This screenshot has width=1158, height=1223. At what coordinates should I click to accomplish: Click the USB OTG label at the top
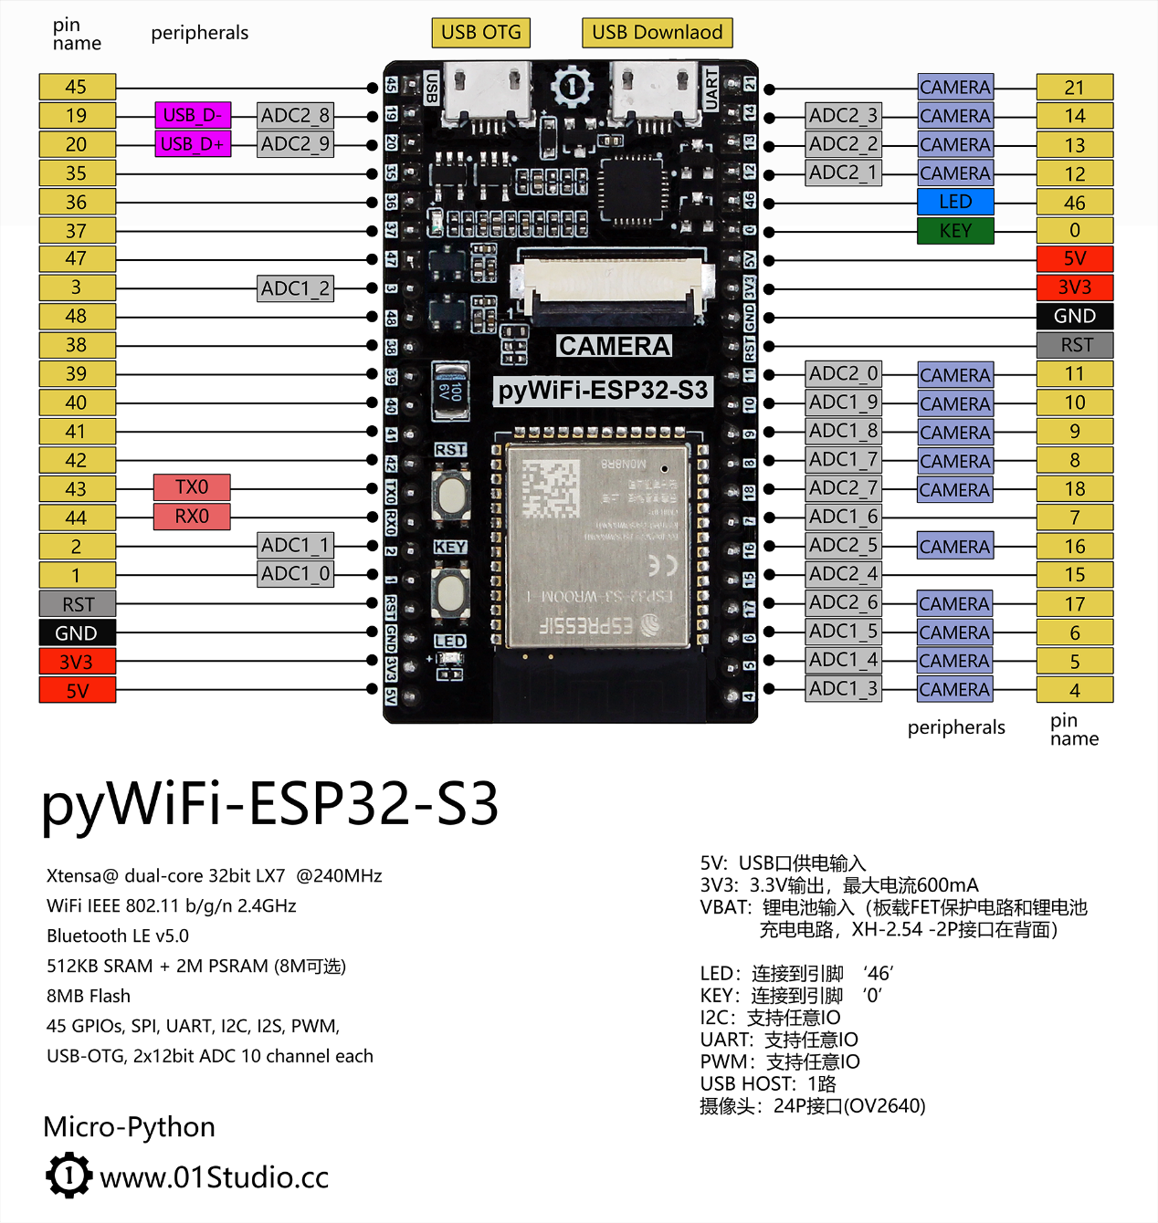pyautogui.click(x=480, y=33)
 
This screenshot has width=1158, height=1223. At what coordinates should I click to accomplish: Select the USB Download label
pyautogui.click(x=657, y=33)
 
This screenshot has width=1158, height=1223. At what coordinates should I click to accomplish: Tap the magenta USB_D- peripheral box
pyautogui.click(x=193, y=115)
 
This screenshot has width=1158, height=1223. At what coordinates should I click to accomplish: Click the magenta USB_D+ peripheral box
pyautogui.click(x=193, y=144)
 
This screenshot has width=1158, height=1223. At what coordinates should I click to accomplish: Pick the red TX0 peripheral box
pyautogui.click(x=192, y=487)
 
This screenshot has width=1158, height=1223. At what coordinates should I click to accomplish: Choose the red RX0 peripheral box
pyautogui.click(x=192, y=517)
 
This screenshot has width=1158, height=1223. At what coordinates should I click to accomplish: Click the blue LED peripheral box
pyautogui.click(x=955, y=202)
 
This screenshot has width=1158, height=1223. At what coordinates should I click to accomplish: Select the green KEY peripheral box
pyautogui.click(x=955, y=231)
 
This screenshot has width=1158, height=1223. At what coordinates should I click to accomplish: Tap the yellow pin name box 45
pyautogui.click(x=77, y=87)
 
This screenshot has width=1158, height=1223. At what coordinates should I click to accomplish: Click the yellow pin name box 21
pyautogui.click(x=1075, y=88)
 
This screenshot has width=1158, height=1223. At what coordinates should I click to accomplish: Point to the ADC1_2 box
pyautogui.click(x=296, y=288)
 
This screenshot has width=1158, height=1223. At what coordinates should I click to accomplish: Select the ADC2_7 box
pyautogui.click(x=844, y=488)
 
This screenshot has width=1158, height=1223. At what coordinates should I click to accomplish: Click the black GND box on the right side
pyautogui.click(x=1075, y=317)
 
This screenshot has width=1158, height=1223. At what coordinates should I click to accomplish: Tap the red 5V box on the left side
pyautogui.click(x=78, y=691)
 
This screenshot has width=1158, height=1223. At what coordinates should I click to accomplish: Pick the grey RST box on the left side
pyautogui.click(x=78, y=604)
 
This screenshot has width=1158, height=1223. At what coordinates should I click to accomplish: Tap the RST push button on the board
pyautogui.click(x=451, y=494)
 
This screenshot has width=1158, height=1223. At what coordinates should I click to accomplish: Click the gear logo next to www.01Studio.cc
pyautogui.click(x=68, y=1176)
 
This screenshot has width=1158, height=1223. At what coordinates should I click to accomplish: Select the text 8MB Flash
pyautogui.click(x=89, y=996)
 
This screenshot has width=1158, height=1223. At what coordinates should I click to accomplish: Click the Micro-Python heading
pyautogui.click(x=130, y=1127)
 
